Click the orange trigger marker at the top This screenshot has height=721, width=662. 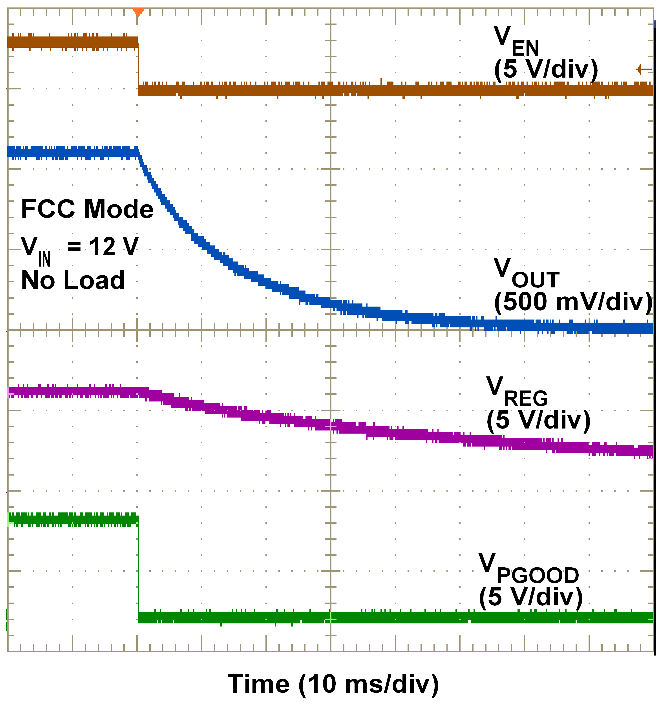coord(138,12)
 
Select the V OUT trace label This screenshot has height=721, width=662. coord(526,274)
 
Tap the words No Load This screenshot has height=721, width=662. coord(73,280)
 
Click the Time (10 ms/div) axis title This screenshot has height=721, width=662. coord(333,684)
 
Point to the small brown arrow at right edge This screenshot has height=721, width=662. coord(644,69)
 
